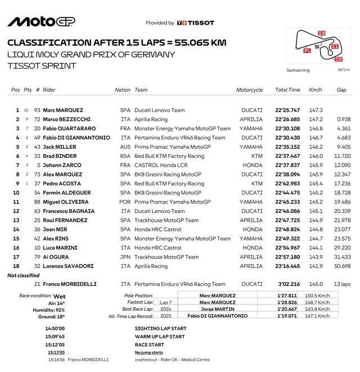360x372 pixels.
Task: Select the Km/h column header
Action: (x=316, y=90)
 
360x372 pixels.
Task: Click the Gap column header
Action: (x=341, y=90)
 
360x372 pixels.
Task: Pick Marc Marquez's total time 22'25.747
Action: (x=287, y=111)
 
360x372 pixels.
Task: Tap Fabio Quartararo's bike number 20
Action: (x=37, y=128)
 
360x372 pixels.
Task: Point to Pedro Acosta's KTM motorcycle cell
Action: (x=256, y=183)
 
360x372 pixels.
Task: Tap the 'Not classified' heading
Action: (x=23, y=275)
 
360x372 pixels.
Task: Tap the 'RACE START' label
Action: (x=150, y=344)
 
